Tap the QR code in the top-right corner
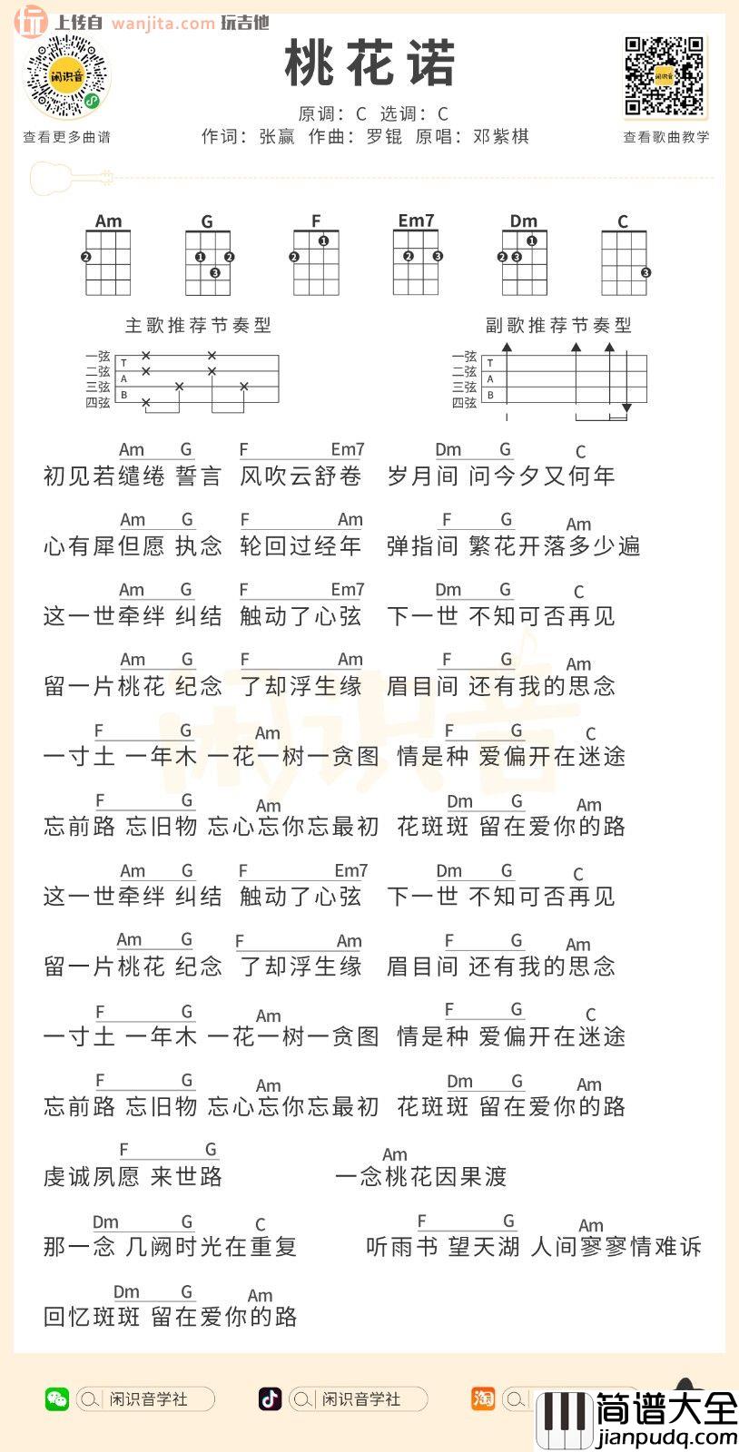tap(665, 77)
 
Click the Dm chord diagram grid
tap(524, 262)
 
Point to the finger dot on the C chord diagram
tap(645, 272)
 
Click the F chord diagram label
tap(316, 221)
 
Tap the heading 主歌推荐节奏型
tap(198, 325)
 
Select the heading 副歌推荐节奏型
tap(558, 325)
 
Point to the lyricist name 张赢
tap(277, 137)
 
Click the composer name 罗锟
tap(384, 137)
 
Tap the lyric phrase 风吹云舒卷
tap(301, 476)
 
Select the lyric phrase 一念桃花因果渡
tap(420, 1177)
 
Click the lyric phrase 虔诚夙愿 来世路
tap(133, 1177)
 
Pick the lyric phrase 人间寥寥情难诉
tap(616, 1247)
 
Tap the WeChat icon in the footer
tap(56, 1398)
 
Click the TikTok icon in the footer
tap(270, 1398)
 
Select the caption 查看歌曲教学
tap(665, 137)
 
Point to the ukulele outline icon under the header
tap(71, 178)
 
